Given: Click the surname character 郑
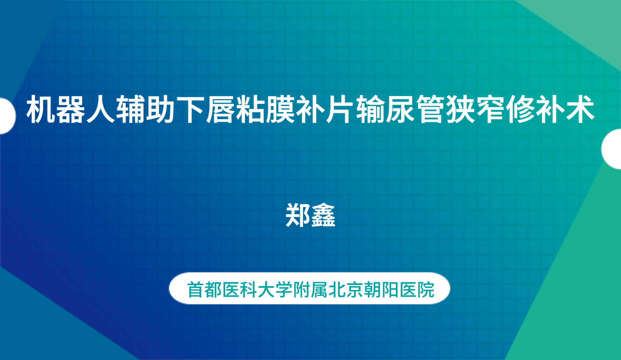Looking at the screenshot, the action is pyautogui.click(x=298, y=215).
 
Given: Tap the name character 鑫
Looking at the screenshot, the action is pyautogui.click(x=323, y=215).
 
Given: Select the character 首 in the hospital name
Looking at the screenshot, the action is pyautogui.click(x=196, y=289).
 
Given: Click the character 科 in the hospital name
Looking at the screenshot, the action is pyautogui.click(x=249, y=289).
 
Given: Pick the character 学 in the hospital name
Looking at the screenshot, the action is pyautogui.click(x=284, y=289).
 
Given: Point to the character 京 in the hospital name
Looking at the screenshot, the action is pyautogui.click(x=355, y=289).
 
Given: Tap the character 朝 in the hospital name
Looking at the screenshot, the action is pyautogui.click(x=372, y=289).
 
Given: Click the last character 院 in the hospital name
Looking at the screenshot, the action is pyautogui.click(x=426, y=289).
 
